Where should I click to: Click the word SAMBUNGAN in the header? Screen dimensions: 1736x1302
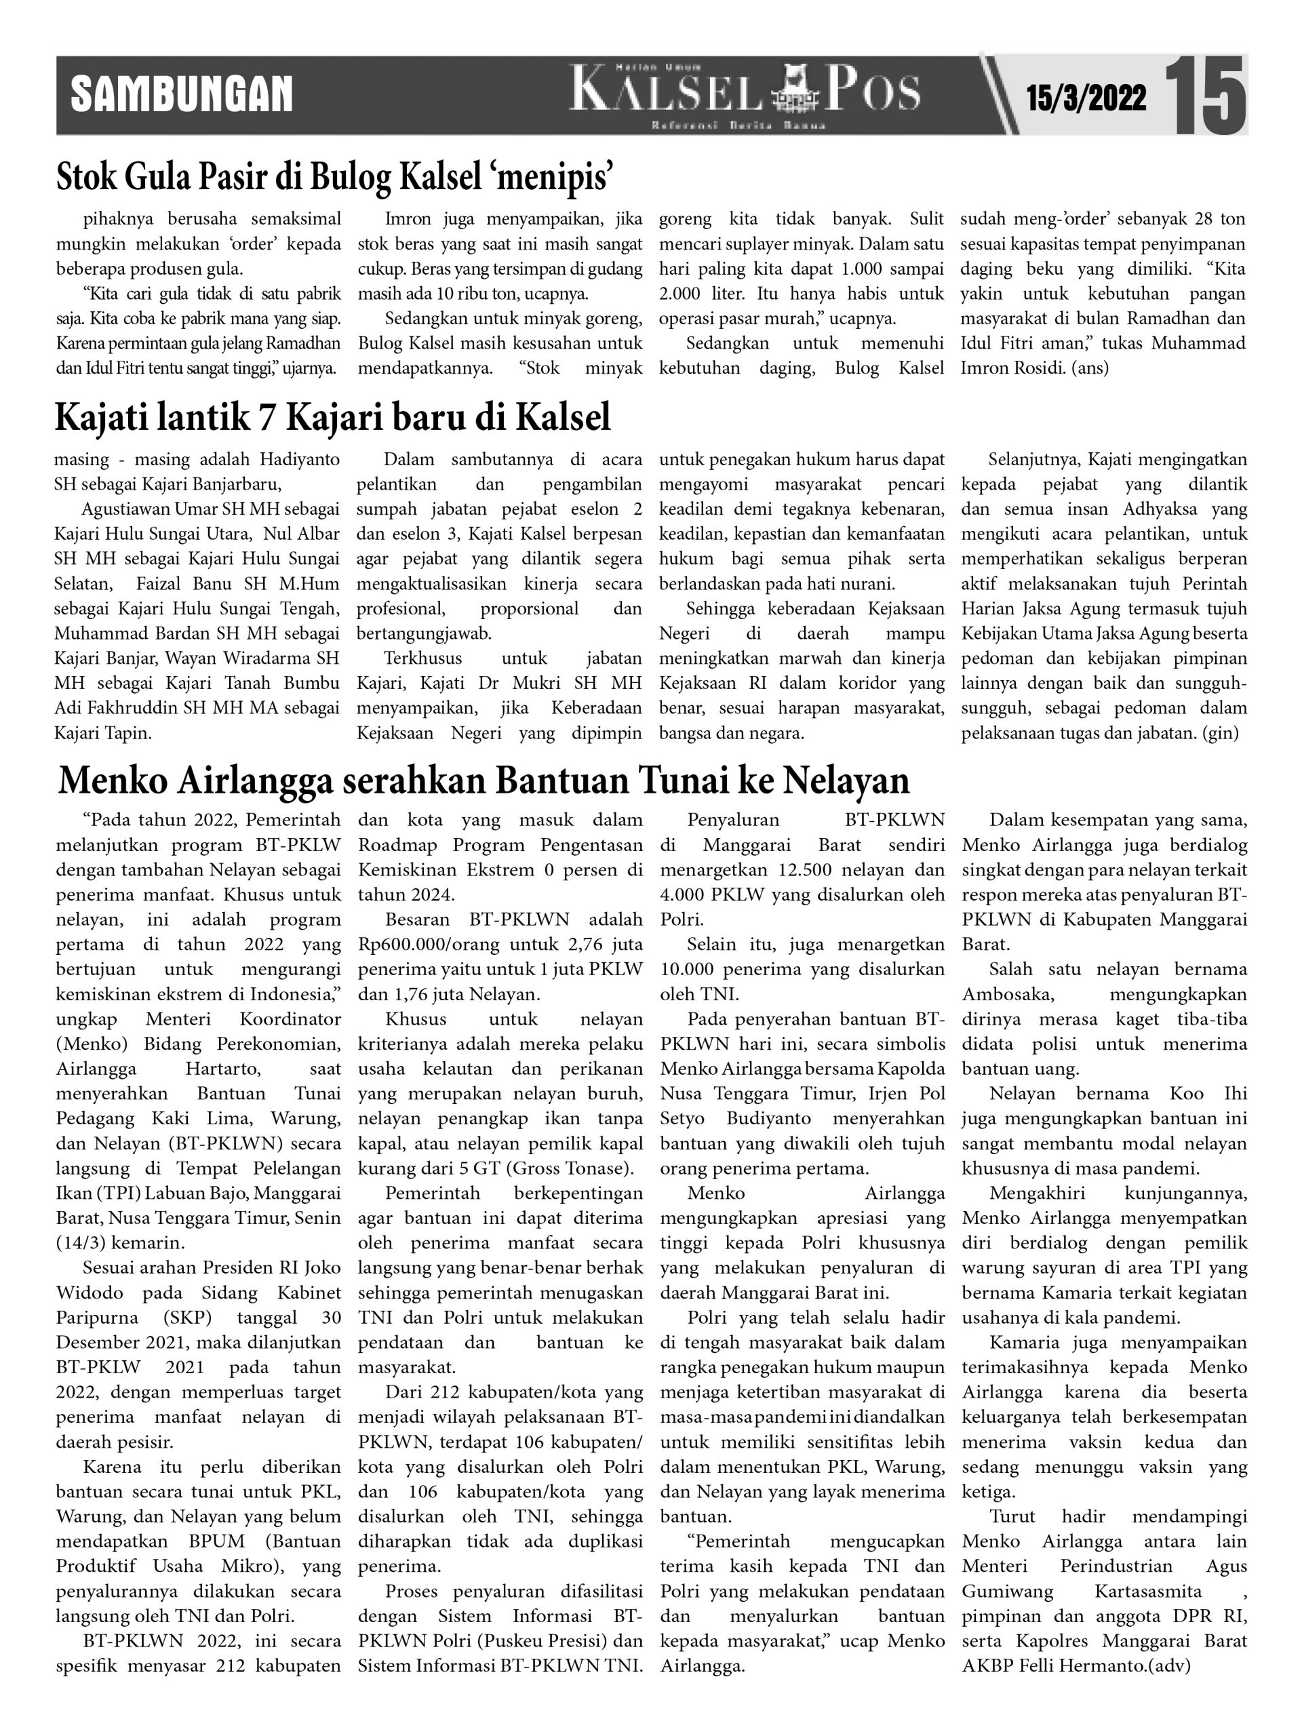point(181,95)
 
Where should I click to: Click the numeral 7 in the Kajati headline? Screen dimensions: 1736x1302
point(269,418)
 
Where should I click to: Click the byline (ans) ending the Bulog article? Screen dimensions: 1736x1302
point(1090,368)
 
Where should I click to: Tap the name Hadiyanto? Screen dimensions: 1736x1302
point(300,459)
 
